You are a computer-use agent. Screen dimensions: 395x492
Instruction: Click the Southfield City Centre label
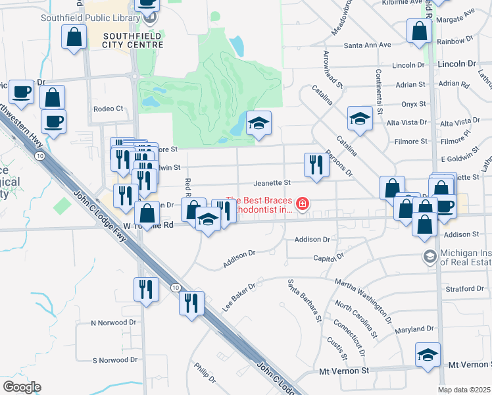coord(133,39)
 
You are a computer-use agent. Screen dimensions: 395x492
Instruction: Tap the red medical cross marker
coord(303,204)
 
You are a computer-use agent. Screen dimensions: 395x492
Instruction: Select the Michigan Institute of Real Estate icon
coord(430,256)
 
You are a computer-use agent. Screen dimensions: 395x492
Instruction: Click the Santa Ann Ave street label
coord(368,45)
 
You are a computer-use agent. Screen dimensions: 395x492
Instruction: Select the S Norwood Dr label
coord(114,360)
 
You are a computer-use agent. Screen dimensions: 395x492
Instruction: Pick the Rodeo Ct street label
coord(109,109)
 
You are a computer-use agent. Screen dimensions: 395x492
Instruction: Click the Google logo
coord(22,386)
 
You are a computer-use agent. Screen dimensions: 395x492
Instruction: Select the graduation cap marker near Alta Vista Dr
coord(360,119)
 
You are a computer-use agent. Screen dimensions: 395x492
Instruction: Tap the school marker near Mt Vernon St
coord(428,355)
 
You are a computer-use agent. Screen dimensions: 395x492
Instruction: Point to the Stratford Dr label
coord(464,288)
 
